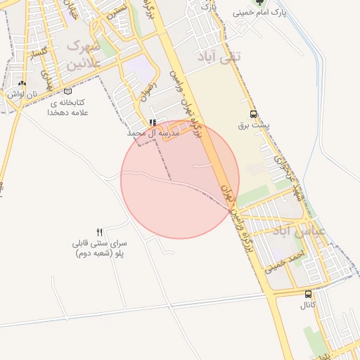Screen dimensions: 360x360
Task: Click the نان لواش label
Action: tap(22, 94)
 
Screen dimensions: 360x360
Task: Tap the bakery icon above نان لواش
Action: tap(22, 83)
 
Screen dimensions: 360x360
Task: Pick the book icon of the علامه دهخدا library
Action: tap(67, 91)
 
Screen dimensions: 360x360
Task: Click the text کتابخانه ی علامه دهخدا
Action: tap(67, 107)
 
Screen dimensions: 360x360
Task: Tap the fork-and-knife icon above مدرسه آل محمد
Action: tap(153, 122)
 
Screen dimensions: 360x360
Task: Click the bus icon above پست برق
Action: tap(253, 115)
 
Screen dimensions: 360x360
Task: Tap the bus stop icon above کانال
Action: tap(308, 295)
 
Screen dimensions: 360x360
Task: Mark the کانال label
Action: tap(308, 306)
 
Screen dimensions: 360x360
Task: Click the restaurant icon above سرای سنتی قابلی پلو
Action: tap(99, 232)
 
